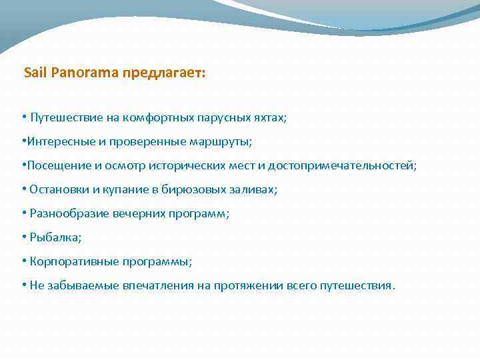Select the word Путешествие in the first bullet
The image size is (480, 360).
point(65,117)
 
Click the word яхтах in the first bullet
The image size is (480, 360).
point(269,117)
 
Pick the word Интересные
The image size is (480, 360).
point(58,141)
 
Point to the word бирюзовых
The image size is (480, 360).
point(193,189)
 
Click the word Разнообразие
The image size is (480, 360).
point(66,213)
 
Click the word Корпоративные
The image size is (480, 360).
point(70,261)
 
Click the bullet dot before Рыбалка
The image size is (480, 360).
point(23,237)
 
